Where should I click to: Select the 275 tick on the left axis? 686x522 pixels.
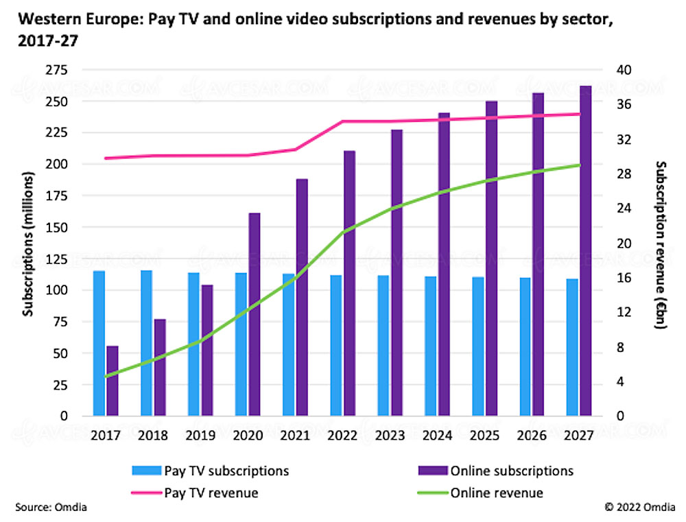[56, 70]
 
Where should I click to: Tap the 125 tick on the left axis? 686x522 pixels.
[56, 259]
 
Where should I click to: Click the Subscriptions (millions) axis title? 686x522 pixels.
[28, 244]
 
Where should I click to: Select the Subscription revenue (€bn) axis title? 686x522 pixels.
[661, 245]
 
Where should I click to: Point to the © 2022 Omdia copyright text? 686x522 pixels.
[639, 508]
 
